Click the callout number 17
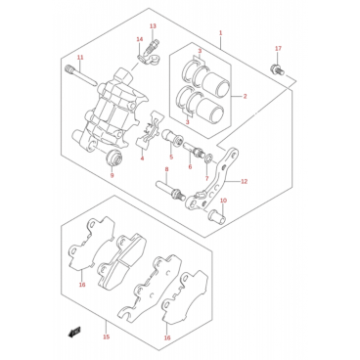[278, 49]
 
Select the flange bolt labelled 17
[276, 69]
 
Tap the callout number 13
[153, 26]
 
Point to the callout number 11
[80, 58]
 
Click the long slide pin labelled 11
[81, 76]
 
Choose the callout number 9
[112, 175]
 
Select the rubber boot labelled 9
[114, 157]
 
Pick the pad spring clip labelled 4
[150, 130]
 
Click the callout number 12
[245, 182]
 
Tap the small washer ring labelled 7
[208, 158]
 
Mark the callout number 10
[223, 201]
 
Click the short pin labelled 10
[216, 216]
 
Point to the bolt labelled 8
[170, 190]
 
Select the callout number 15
[106, 337]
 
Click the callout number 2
[245, 96]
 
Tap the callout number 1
[220, 32]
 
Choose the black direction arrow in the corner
[74, 332]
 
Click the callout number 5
[171, 157]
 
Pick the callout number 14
[140, 39]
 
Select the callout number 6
[190, 167]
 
